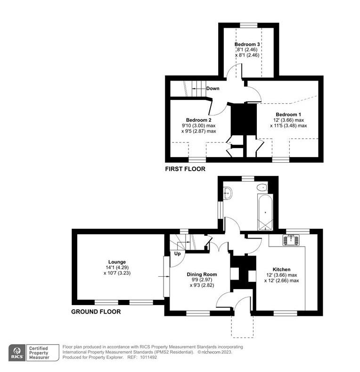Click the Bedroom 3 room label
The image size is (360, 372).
click(248, 44)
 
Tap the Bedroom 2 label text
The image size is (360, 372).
click(198, 120)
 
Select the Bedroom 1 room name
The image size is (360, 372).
click(288, 115)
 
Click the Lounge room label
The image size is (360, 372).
click(117, 262)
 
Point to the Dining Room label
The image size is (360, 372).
click(202, 274)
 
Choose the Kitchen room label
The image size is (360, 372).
click(281, 269)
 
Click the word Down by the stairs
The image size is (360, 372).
click(213, 88)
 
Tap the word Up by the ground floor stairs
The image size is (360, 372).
click(178, 254)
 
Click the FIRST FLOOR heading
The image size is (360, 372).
click(185, 169)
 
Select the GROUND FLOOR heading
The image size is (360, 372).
click(96, 312)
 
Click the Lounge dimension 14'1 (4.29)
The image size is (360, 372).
click(117, 267)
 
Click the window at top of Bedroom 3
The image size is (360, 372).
click(248, 25)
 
